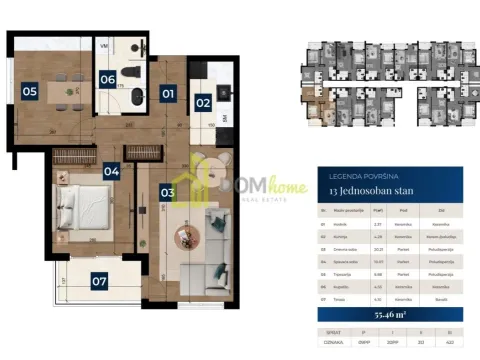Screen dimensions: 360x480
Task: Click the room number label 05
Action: click(x=29, y=91)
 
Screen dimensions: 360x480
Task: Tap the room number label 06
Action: click(x=107, y=79)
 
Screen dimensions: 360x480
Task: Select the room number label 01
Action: click(x=168, y=93)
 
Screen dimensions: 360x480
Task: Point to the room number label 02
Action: click(x=202, y=101)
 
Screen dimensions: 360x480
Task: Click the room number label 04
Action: click(x=110, y=171)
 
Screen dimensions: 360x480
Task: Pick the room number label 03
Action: click(x=167, y=190)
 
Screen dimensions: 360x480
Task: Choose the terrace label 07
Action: click(x=98, y=281)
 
